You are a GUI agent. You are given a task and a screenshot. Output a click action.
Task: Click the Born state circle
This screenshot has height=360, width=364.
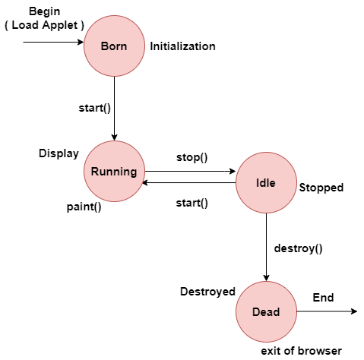coord(114,46)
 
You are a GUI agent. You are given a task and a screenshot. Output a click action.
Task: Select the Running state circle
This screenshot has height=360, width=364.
coord(114,171)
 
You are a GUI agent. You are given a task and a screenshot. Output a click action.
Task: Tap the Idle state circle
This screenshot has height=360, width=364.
coord(266,182)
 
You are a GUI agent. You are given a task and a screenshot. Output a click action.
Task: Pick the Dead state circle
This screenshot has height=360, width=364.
coord(266,311)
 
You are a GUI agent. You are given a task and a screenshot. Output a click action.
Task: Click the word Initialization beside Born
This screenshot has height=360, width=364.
coord(182,46)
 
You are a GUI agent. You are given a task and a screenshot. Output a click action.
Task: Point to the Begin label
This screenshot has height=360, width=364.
coord(45,11)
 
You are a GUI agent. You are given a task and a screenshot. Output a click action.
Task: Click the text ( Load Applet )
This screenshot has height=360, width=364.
coord(44,25)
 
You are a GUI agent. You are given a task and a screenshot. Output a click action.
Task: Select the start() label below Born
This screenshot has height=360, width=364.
coord(95,108)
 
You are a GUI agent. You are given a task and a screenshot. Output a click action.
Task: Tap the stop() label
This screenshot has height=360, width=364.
coord(192,157)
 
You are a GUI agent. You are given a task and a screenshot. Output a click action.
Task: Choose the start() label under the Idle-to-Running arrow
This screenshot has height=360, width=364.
coord(192,203)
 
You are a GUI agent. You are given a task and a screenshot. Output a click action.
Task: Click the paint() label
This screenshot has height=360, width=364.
coord(84,207)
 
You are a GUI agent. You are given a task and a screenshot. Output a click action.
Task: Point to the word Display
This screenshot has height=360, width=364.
coord(59,153)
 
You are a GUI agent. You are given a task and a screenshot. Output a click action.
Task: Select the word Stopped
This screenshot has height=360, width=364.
coord(321,188)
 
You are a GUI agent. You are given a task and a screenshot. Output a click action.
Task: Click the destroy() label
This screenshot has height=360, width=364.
coord(298,248)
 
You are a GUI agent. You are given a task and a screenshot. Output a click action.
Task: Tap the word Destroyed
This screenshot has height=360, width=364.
coord(207,292)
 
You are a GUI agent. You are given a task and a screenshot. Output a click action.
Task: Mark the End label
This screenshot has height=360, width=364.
coord(323,298)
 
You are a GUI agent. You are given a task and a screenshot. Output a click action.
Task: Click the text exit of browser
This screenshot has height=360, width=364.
coord(302,351)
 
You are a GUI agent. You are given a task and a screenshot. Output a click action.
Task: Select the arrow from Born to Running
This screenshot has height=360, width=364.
coord(114,109)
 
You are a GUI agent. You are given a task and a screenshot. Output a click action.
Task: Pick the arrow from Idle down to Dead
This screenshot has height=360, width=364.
coord(266,247)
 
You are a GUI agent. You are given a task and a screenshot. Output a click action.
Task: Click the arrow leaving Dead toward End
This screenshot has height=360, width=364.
coord(327,311)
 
